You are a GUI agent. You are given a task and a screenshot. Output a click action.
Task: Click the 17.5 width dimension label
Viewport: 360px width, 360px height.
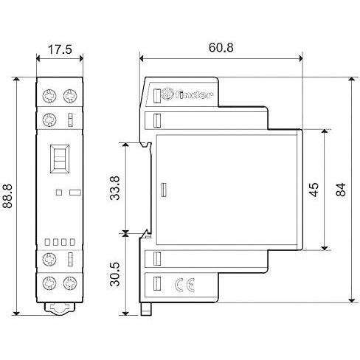[x=60, y=51]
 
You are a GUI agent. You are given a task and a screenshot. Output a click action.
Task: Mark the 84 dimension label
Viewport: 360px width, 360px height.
[x=340, y=189]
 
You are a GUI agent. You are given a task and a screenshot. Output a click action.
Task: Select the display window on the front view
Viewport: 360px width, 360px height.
[x=58, y=158]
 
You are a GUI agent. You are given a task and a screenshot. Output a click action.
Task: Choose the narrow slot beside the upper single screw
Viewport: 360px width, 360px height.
[x=70, y=120]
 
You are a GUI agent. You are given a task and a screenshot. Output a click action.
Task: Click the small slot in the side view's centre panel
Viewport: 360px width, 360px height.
[x=163, y=190]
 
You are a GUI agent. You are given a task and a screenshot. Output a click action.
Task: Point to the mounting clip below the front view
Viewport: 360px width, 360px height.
[x=60, y=310]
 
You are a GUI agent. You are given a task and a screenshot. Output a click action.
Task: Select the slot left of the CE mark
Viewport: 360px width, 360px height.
[x=157, y=283]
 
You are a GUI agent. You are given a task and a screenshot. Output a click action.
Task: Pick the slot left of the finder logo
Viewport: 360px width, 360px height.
[x=157, y=94]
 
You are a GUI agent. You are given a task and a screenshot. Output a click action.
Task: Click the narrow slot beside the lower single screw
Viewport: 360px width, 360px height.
[x=70, y=260]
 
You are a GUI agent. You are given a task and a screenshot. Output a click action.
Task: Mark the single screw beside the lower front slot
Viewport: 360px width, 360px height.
[x=51, y=260]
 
